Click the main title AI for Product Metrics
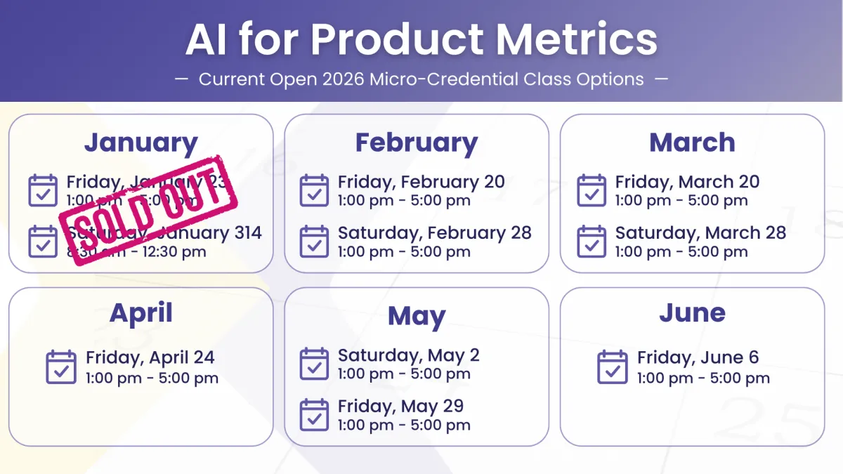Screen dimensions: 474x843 421,40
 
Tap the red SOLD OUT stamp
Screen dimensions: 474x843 148,209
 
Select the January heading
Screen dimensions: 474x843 140,143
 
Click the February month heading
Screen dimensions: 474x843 416,143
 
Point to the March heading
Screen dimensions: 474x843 692,143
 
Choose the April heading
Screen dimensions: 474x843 140,312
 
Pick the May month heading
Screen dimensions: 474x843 416,316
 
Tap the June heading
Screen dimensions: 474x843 692,312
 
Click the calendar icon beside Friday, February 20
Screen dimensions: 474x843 314,190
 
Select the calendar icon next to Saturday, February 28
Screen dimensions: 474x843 314,242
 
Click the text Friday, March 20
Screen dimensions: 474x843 687,182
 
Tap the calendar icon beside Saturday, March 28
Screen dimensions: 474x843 592,242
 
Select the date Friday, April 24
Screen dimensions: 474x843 150,357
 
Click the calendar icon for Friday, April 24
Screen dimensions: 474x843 61,367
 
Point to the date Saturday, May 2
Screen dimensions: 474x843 408,355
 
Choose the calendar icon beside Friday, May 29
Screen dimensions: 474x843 314,415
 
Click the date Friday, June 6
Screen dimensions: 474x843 698,357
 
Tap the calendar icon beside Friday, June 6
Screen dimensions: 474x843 613,367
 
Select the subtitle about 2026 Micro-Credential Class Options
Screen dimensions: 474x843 421,79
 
